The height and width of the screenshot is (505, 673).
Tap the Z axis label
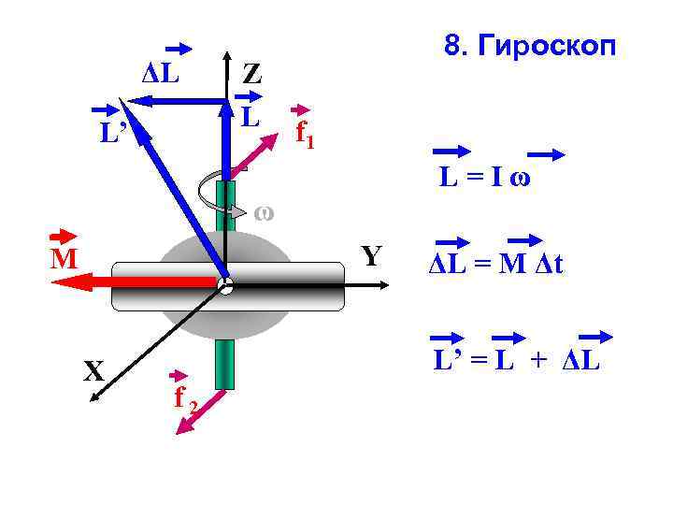click(251, 74)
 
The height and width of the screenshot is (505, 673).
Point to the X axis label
click(93, 372)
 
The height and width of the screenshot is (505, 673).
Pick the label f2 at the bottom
click(185, 399)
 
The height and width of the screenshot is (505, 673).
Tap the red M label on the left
click(64, 258)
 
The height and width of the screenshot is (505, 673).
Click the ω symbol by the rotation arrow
click(264, 211)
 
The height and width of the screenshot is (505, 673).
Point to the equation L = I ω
click(486, 177)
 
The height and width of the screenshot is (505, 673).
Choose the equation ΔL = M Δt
click(495, 265)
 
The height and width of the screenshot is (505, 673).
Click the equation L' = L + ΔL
click(515, 358)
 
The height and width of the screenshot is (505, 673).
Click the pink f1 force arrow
click(262, 150)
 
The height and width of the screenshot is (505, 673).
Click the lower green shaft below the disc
click(224, 365)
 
